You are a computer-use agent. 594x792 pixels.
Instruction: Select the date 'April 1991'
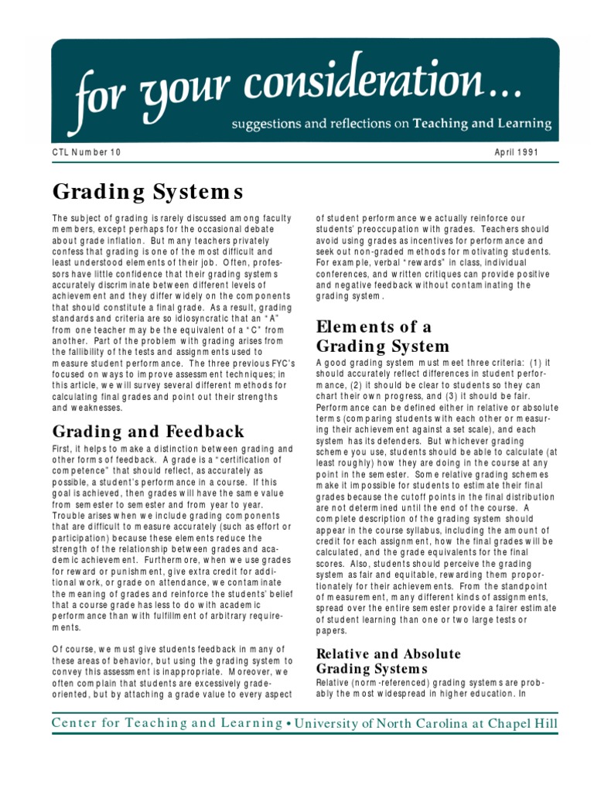[517, 152]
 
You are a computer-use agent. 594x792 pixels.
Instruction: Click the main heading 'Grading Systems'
[148, 191]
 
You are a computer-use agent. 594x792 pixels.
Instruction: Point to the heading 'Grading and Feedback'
[148, 432]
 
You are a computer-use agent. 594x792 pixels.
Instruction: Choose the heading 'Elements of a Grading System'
[383, 336]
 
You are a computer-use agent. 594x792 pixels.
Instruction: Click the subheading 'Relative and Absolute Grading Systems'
[388, 661]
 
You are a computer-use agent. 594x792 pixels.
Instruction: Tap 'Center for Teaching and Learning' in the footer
[166, 723]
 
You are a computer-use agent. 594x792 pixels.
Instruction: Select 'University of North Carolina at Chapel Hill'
[426, 723]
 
